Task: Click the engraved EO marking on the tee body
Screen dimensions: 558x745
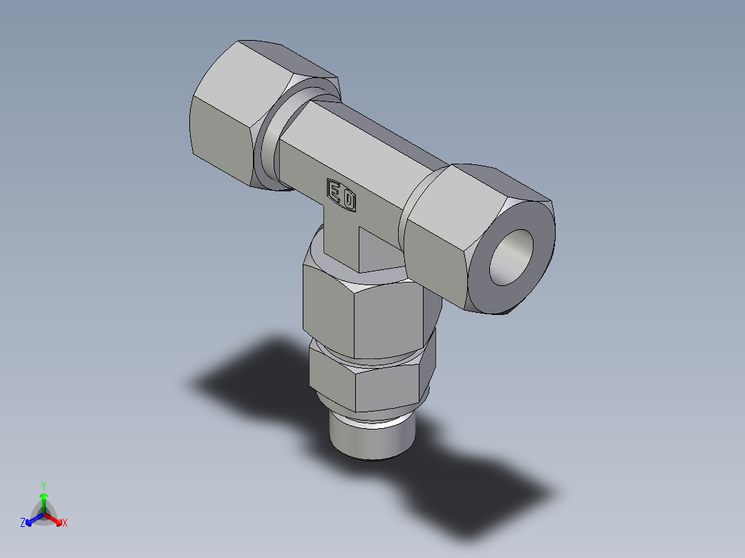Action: (x=341, y=195)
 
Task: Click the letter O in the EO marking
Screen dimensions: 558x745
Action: (x=349, y=200)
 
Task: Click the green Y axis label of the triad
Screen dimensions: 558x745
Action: (x=43, y=485)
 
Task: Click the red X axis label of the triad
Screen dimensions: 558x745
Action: (x=65, y=523)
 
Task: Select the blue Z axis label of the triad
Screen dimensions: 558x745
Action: (x=23, y=523)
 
